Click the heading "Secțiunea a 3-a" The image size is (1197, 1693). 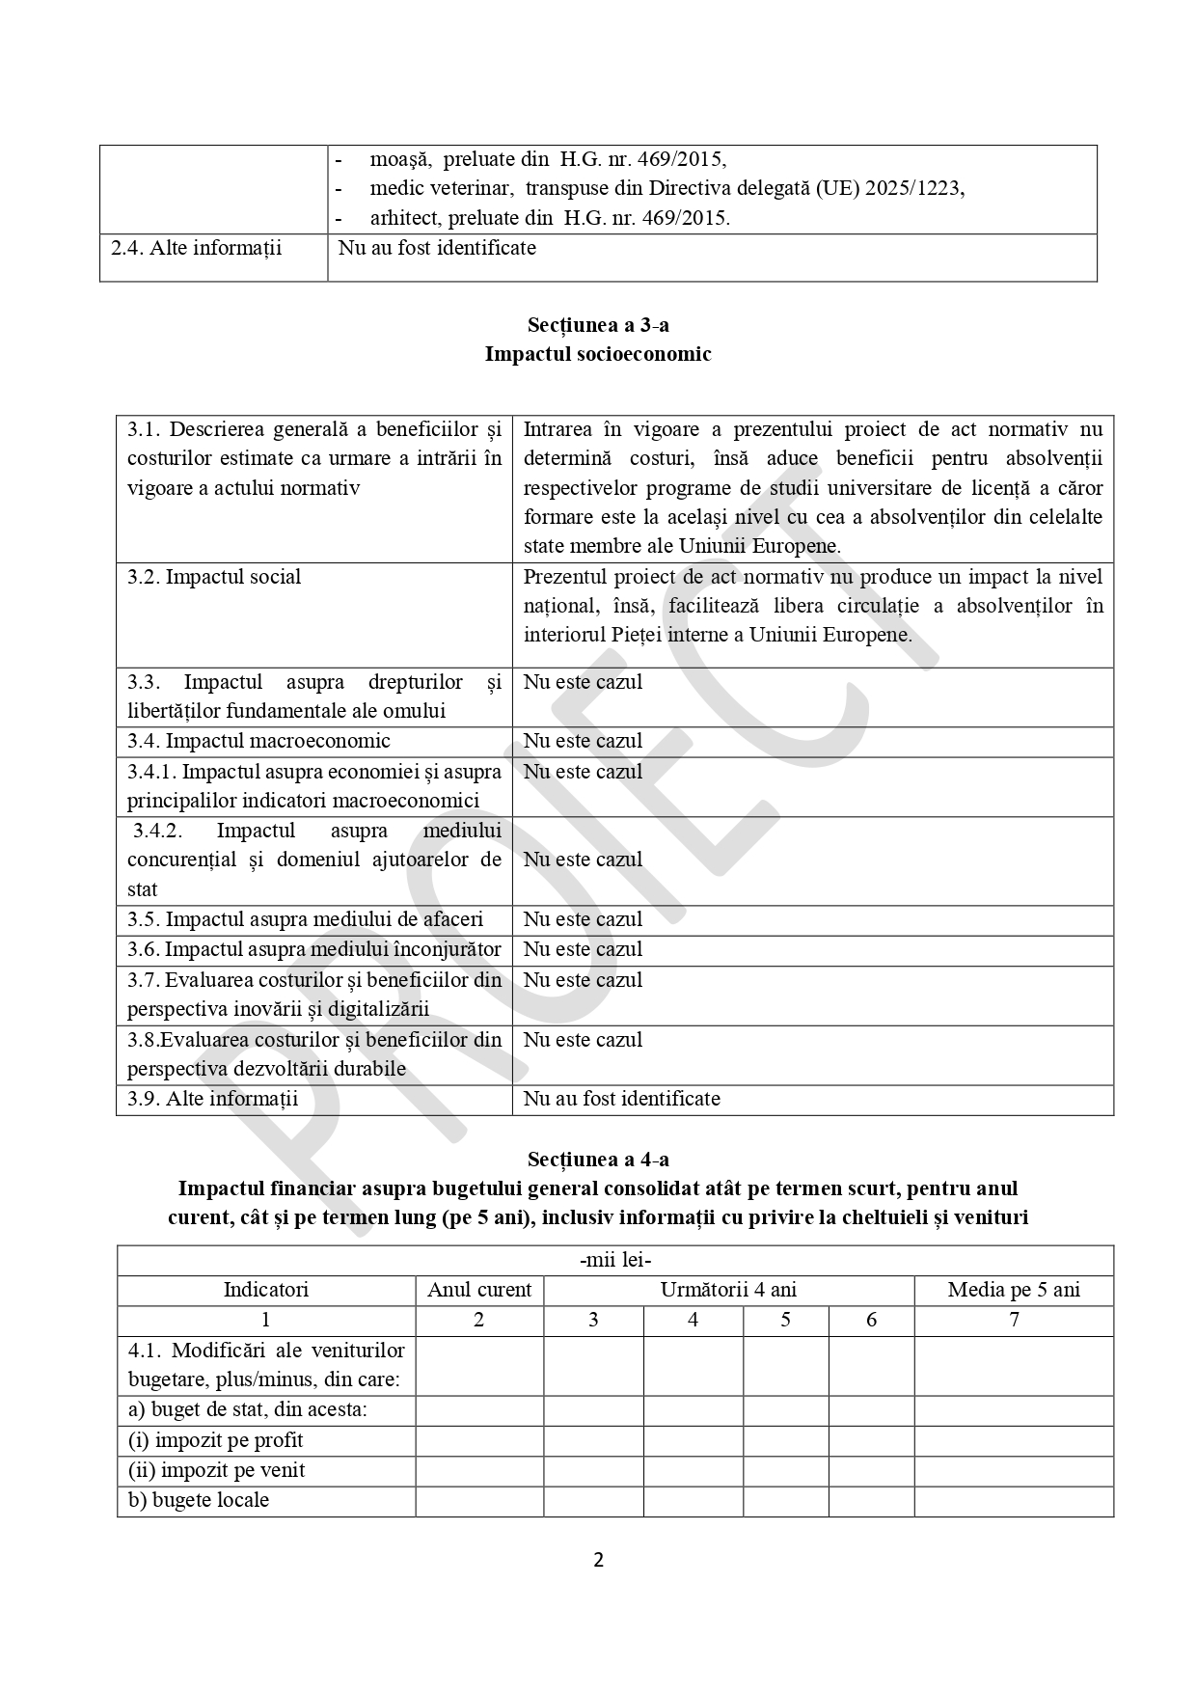598,325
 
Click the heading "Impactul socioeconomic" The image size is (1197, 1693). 598,354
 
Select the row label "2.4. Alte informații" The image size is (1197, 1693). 197,248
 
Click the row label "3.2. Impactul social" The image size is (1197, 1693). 214,577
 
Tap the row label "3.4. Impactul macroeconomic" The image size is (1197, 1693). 258,741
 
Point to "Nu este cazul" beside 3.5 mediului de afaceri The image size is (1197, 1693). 583,919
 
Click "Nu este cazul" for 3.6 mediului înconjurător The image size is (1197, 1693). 583,949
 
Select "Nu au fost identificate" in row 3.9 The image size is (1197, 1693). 621,1099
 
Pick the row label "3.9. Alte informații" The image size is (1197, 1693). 213,1099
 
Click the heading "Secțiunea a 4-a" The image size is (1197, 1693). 598,1159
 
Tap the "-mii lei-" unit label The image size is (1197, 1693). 615,1260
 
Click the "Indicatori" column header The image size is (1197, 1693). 266,1290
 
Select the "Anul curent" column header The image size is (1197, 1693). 479,1290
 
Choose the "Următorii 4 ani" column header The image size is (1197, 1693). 728,1290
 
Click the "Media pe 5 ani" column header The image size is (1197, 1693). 1014,1290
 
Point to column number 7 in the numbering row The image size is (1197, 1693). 1014,1320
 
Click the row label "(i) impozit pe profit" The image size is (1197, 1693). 215,1440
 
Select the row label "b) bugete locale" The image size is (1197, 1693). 199,1500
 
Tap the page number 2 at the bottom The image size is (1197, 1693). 598,1560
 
